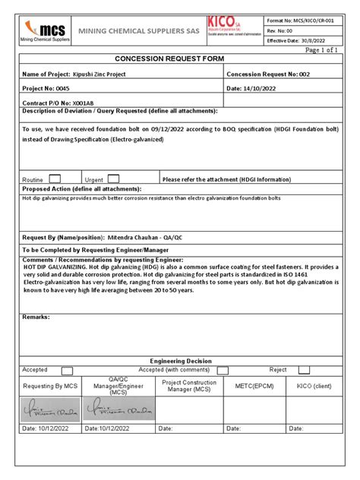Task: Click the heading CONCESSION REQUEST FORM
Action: (x=180, y=58)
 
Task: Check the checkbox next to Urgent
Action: (x=113, y=178)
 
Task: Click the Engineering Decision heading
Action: (x=180, y=361)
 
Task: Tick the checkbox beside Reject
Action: (x=304, y=371)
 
